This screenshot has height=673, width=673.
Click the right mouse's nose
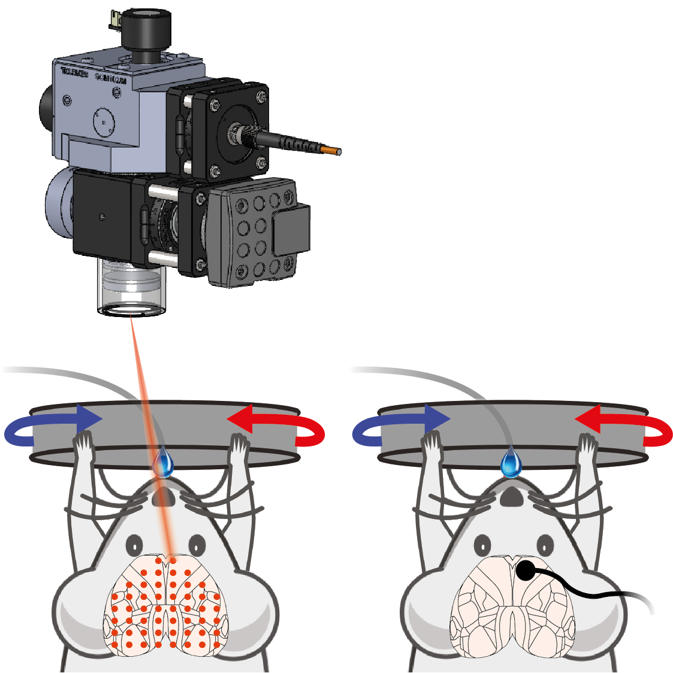pyautogui.click(x=511, y=496)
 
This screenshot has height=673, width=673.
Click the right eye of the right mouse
pyautogui.click(x=545, y=545)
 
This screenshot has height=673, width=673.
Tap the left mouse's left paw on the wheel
pyautogui.click(x=83, y=446)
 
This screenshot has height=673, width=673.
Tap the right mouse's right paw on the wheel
pyautogui.click(x=587, y=446)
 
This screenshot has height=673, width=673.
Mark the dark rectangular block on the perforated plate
pyautogui.click(x=291, y=229)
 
